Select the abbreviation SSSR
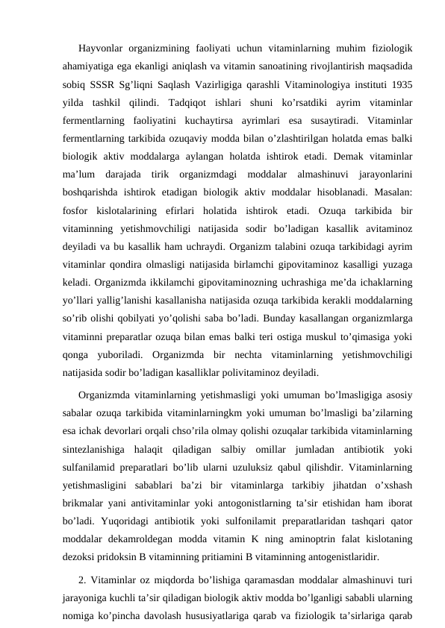[104, 83]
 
